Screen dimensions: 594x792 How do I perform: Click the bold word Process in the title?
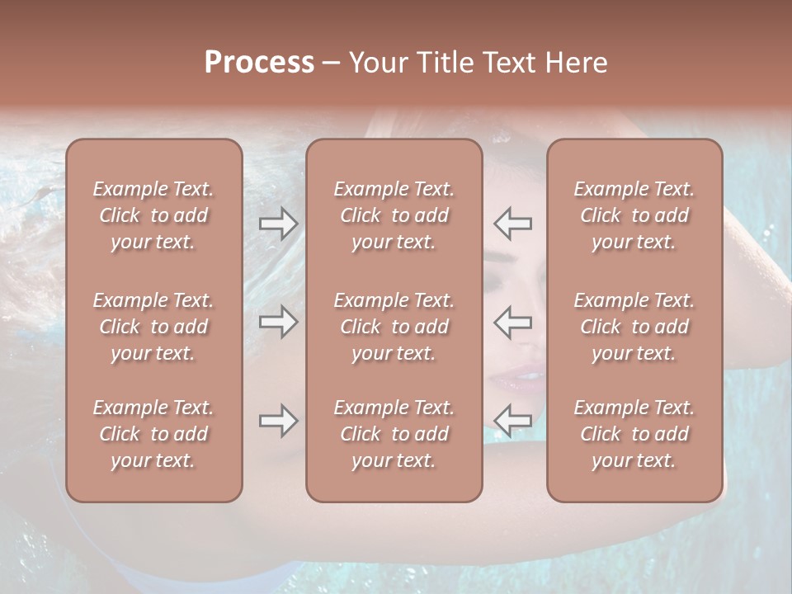(259, 63)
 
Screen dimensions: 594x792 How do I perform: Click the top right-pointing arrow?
(278, 224)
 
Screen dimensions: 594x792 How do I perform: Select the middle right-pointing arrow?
(278, 322)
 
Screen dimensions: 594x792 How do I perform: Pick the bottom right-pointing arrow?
(278, 421)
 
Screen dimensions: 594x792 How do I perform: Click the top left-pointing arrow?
(513, 224)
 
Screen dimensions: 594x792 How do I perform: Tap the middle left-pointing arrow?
(513, 322)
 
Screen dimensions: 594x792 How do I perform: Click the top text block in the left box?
(153, 215)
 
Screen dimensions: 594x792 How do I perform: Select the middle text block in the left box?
(153, 327)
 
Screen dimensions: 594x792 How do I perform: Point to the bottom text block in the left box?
(153, 434)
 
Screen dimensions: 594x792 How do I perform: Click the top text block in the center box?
(394, 215)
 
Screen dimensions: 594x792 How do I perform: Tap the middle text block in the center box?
(394, 327)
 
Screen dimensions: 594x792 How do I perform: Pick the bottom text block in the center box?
(394, 434)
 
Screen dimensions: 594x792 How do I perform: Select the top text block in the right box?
(634, 215)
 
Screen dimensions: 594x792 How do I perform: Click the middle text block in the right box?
(634, 327)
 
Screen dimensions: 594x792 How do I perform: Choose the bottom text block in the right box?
(634, 434)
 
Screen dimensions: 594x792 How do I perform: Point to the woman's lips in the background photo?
(518, 379)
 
